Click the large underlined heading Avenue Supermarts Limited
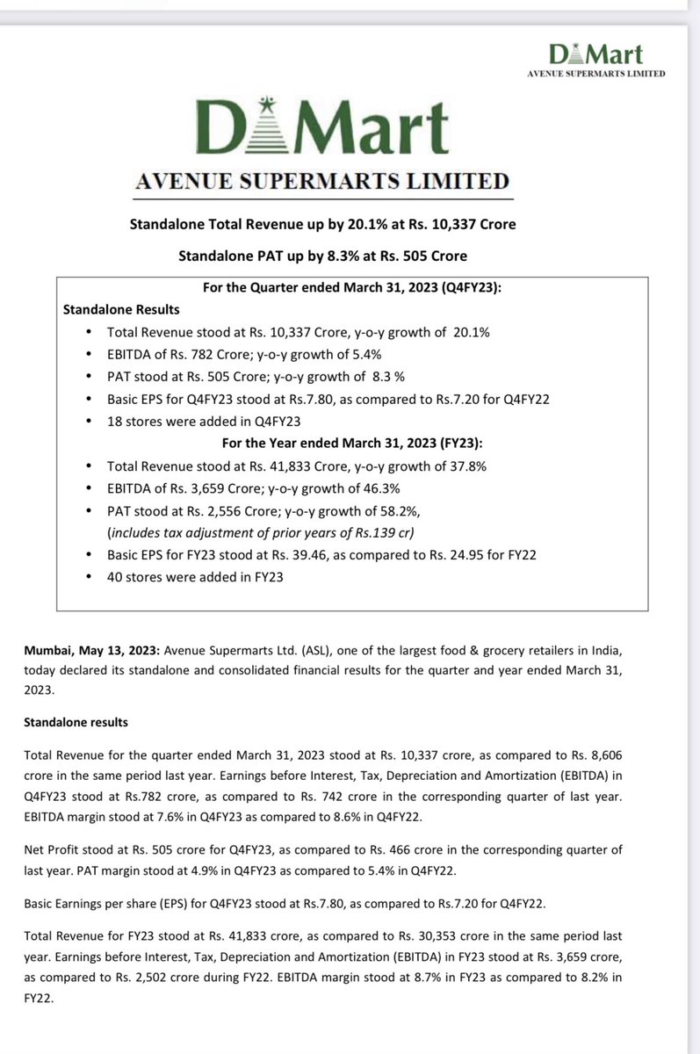point(320,182)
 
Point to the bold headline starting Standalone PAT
point(322,256)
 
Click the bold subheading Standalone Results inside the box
point(121,310)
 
